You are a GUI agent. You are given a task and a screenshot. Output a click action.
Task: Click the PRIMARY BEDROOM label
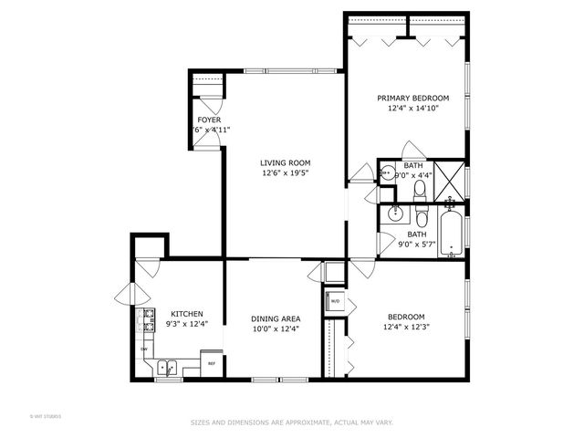coord(413,98)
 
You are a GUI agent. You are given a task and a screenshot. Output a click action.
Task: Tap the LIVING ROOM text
coord(280,162)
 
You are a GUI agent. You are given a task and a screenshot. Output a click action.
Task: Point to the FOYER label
coord(209,120)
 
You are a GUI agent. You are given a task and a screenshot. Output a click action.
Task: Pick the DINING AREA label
coord(276,318)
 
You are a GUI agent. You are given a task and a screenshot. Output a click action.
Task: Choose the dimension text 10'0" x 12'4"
coord(276,329)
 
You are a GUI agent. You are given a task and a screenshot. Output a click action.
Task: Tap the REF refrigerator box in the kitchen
coord(212,363)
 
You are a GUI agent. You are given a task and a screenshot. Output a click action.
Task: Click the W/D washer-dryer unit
coord(335,301)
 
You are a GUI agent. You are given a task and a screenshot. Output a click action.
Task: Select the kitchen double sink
coord(166,369)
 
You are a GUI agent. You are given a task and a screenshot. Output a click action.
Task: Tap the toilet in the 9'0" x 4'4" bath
coord(420,191)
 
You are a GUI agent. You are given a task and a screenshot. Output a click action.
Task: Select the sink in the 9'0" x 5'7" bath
coord(395,214)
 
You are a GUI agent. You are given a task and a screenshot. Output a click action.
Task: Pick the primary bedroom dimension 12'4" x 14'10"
coord(413,109)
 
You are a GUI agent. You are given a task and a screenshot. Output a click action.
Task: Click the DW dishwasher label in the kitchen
coord(144,349)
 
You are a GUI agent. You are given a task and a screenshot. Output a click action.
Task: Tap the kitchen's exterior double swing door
coord(128,294)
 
